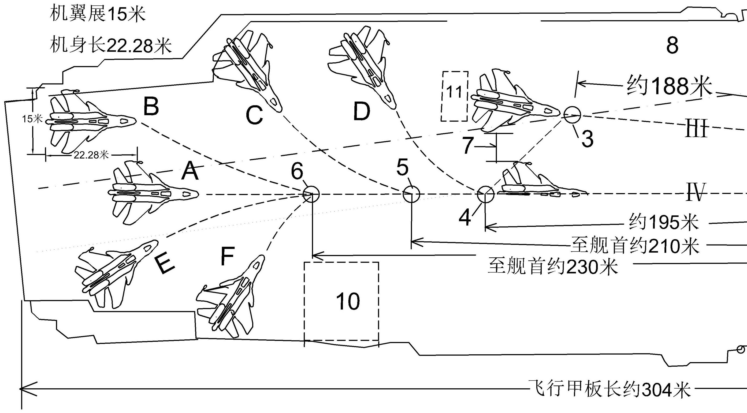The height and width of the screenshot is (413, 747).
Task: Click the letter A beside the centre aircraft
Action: pos(190,171)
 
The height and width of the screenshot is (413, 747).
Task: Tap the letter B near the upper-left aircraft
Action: pos(151,106)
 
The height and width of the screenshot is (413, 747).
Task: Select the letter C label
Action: pos(254,115)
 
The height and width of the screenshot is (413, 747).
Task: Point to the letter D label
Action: pos(362,112)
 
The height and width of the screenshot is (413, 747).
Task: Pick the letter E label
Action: pos(165,265)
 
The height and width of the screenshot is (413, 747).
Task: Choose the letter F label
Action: pos(227,256)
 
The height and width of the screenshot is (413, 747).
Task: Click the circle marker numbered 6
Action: pos(311,194)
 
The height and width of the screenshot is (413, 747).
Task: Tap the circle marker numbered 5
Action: pos(411,194)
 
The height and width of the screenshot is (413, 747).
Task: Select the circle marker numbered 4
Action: pos(485,194)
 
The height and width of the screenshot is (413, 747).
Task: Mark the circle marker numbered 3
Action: pos(573,115)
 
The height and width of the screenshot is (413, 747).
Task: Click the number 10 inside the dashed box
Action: pos(348,301)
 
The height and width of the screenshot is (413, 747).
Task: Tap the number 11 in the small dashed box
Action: pos(454,92)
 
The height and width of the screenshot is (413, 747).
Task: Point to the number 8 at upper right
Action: pos(672,45)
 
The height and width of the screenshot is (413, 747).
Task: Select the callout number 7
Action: pos(467,146)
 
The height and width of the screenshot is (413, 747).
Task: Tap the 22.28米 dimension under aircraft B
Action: pos(91,155)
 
